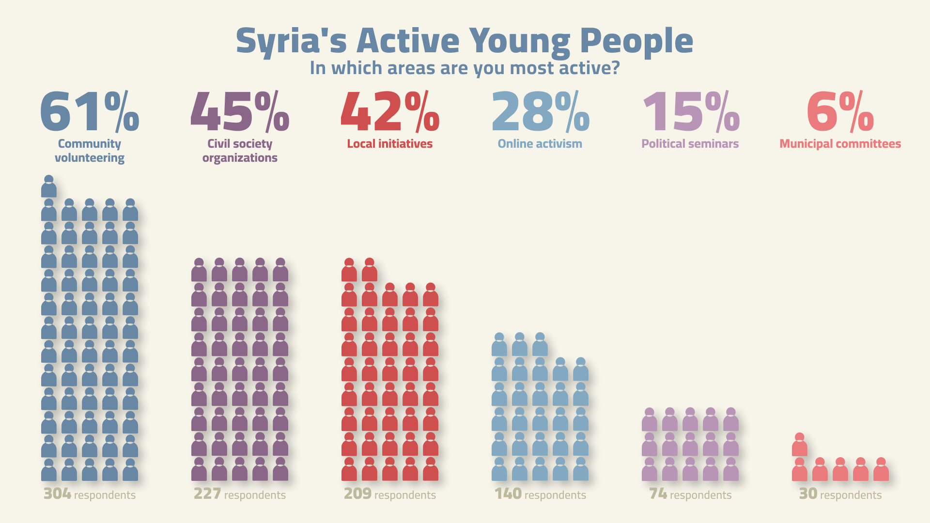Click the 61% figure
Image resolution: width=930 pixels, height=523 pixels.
pos(90,112)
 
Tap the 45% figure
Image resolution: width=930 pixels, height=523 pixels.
pos(240,112)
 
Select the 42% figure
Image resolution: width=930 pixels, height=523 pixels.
pos(390,112)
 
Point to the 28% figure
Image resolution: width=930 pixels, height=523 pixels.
pos(540,112)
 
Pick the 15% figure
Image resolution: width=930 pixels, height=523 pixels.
pos(690,112)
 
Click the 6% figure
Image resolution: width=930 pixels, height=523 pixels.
pos(840,112)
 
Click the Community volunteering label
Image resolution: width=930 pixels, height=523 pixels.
pos(90,151)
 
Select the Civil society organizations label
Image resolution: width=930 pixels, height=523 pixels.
pos(240,151)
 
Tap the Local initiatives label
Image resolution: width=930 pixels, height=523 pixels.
pos(390,144)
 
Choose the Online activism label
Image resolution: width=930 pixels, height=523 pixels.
pos(540,144)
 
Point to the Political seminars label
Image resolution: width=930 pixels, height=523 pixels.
pos(690,144)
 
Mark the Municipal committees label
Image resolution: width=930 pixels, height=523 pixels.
pos(840,144)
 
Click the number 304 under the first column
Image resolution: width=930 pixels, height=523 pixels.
pos(57,494)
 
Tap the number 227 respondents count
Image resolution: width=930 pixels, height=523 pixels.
pos(207,494)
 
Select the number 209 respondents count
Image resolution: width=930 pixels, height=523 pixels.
pos(357,494)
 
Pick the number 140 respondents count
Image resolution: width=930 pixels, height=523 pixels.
pos(508,494)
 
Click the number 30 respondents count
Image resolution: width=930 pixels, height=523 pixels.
pos(808,494)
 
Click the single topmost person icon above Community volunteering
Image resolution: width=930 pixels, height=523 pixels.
pos(49,186)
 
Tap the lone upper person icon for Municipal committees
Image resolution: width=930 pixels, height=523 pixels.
pos(800,445)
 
